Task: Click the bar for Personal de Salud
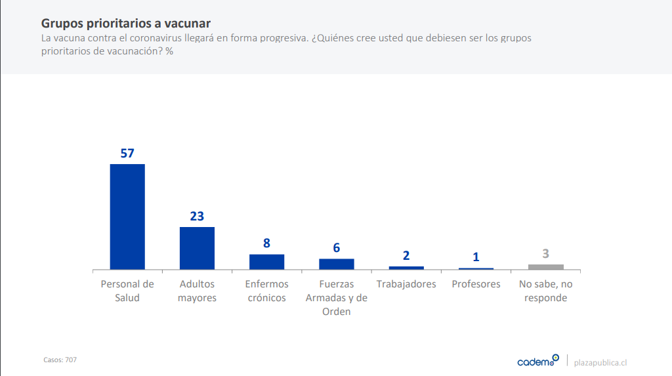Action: point(127,217)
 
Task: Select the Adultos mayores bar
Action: point(197,248)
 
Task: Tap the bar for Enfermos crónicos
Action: point(266,262)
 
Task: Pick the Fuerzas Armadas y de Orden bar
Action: point(337,264)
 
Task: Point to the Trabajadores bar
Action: point(406,268)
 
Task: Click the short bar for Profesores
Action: point(476,268)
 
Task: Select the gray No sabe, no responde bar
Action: point(546,266)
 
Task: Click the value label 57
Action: point(127,154)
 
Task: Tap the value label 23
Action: point(197,217)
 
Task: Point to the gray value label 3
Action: point(546,254)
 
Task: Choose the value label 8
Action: point(266,243)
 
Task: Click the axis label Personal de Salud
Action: point(127,291)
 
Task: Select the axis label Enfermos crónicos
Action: point(266,291)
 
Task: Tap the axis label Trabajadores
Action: point(406,284)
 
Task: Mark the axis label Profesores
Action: point(476,284)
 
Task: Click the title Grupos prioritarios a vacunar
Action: point(126,24)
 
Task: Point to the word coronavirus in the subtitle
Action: point(185,38)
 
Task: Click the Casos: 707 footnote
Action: point(60,360)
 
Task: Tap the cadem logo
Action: point(537,361)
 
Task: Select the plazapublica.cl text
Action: point(600,362)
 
